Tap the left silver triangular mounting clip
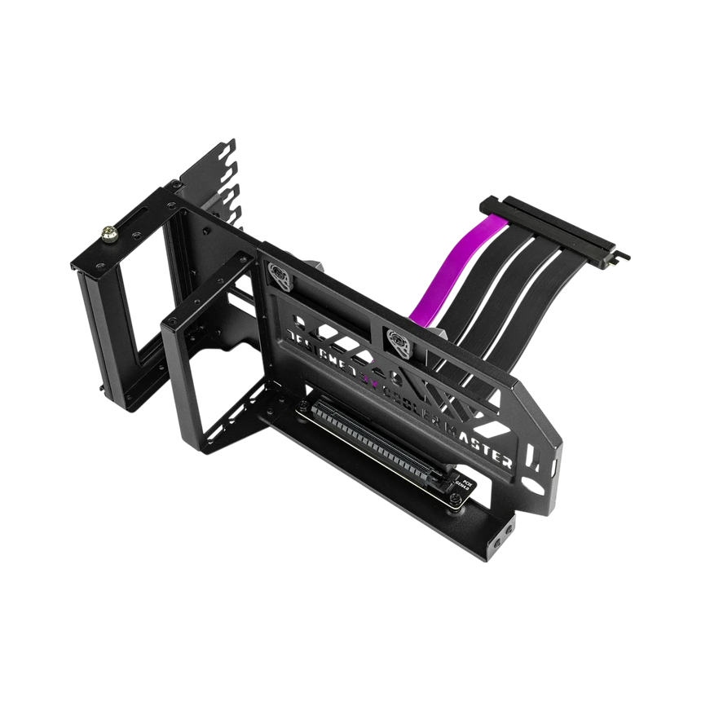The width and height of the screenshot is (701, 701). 280,276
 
